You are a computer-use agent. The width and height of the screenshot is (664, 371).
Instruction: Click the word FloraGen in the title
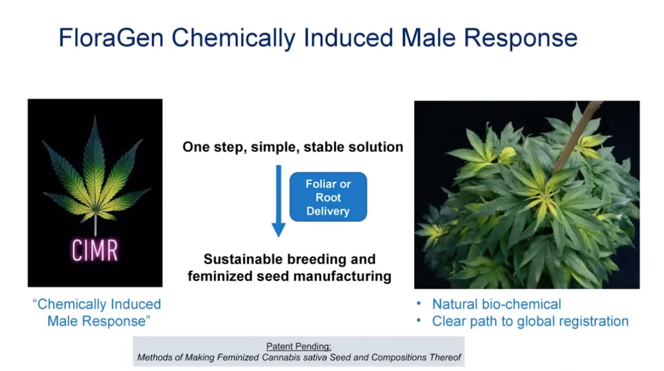coord(111,38)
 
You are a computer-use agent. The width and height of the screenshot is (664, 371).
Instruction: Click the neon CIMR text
coord(95,250)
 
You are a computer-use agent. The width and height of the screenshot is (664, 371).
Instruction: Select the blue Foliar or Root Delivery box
coord(328,197)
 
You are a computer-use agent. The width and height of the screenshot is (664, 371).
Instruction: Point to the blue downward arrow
coord(279,201)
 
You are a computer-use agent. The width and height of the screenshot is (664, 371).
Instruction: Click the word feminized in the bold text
coord(220,276)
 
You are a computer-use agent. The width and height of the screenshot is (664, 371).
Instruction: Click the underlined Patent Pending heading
coord(299,346)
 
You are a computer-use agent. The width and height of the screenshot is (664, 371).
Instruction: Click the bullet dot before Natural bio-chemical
coord(419,303)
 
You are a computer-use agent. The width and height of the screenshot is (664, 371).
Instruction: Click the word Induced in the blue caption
coord(136,304)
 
